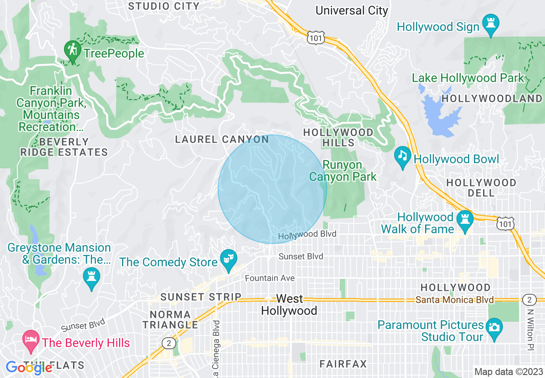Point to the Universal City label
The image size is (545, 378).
tap(352, 10)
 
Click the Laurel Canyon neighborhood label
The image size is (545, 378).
tap(222, 139)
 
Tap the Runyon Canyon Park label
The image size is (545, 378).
tap(343, 171)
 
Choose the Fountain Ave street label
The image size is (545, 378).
tap(270, 278)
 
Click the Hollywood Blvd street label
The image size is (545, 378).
tap(306, 235)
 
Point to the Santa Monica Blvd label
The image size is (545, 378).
tap(455, 300)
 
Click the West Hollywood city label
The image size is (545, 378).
tap(289, 305)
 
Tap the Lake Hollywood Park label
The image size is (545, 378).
tap(468, 78)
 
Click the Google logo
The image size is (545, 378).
tap(29, 368)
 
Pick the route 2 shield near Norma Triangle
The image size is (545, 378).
tap(168, 342)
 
